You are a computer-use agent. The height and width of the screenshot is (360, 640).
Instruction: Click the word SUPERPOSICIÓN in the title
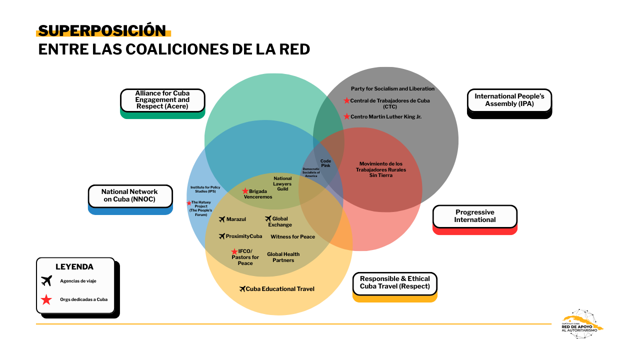tap(102, 31)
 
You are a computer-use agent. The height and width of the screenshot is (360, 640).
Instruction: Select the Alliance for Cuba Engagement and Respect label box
tap(162, 100)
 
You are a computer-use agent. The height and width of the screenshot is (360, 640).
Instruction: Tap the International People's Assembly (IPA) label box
tap(509, 100)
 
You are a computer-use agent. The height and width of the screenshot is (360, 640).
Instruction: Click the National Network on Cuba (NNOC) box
tap(129, 195)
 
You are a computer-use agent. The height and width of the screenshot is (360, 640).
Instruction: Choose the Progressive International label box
tap(474, 216)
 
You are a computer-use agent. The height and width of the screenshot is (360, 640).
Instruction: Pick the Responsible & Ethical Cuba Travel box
tap(394, 283)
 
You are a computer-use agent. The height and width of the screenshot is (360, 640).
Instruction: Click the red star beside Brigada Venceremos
tap(245, 191)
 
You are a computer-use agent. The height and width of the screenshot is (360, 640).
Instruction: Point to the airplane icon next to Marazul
tap(222, 219)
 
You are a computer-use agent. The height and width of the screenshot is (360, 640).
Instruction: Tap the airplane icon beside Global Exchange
tap(268, 218)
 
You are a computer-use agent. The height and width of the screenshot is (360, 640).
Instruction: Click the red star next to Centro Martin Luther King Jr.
tap(346, 116)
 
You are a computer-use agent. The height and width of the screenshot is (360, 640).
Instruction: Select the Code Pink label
tap(325, 163)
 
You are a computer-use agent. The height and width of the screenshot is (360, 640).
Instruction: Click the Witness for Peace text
tap(292, 236)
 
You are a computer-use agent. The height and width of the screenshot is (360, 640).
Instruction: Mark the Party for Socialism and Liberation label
tap(392, 88)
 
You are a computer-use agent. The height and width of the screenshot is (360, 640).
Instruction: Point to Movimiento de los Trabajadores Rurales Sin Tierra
tap(380, 169)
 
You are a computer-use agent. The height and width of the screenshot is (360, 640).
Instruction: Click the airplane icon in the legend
tap(46, 280)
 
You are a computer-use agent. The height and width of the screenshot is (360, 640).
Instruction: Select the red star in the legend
tap(46, 299)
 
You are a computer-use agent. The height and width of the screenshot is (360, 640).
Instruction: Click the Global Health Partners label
tap(283, 257)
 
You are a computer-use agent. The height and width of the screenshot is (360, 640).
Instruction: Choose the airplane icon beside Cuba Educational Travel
tap(242, 289)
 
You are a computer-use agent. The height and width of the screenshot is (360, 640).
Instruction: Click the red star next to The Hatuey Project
tap(189, 202)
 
